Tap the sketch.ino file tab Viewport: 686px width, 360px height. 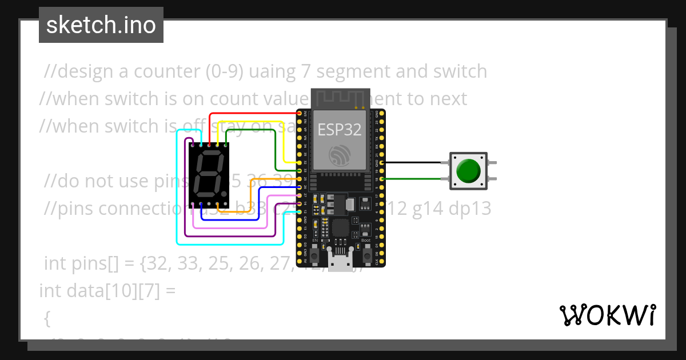101,25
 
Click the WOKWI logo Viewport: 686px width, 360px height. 607,315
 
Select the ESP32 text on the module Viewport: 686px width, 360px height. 340,130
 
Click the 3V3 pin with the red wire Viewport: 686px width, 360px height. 300,114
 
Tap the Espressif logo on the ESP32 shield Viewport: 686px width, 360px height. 340,155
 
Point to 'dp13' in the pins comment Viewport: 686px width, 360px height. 472,209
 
